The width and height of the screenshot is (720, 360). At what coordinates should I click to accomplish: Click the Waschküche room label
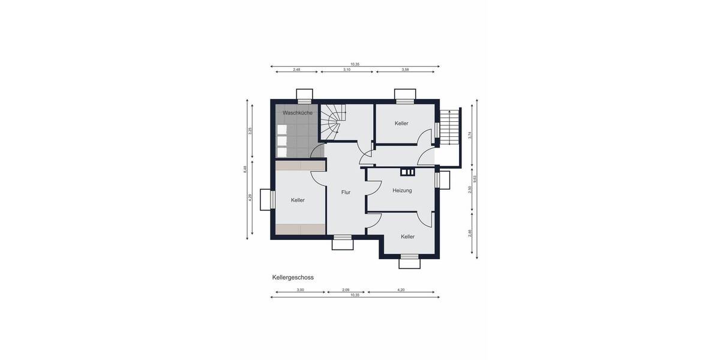(297, 113)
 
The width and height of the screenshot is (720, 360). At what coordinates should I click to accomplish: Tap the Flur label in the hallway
(346, 193)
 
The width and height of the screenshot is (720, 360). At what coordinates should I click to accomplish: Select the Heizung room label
(402, 191)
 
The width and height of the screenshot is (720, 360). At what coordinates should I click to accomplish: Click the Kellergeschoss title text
(293, 278)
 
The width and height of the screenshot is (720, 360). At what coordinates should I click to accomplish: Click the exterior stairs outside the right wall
(449, 125)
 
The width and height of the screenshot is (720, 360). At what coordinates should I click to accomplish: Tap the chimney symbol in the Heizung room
(408, 173)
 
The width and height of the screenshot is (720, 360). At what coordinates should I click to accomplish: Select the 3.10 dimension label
(347, 70)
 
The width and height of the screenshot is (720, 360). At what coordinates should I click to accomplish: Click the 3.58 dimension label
(404, 70)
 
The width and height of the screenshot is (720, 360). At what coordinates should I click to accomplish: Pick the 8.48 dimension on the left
(245, 169)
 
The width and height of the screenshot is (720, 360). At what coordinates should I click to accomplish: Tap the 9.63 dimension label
(475, 178)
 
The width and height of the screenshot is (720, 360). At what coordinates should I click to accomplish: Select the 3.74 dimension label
(470, 135)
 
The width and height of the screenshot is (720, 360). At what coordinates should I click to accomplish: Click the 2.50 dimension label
(470, 190)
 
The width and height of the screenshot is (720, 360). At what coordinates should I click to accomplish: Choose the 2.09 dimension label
(346, 290)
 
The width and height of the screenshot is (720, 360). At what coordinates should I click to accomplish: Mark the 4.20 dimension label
(401, 290)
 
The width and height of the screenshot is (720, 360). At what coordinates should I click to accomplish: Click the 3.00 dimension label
(300, 290)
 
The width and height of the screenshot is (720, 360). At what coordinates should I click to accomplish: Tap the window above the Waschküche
(305, 95)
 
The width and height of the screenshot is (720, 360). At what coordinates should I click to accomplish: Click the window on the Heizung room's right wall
(444, 180)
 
